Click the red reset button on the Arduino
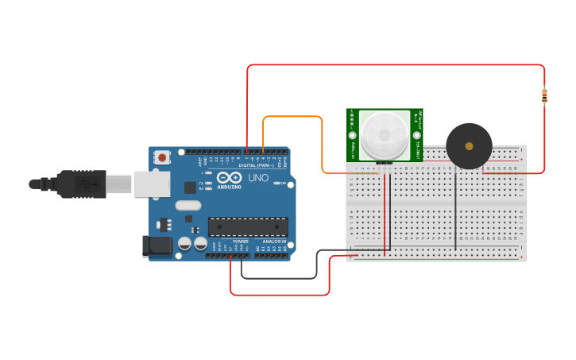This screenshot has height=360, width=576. [163, 157]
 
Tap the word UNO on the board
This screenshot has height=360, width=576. [258, 178]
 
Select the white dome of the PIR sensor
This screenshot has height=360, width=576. [384, 135]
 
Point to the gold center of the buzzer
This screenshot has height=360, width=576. [469, 146]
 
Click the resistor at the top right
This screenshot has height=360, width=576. [544, 96]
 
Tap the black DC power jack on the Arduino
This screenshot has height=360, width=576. [157, 246]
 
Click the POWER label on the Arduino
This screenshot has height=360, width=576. [240, 241]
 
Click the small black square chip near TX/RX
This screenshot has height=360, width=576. [190, 188]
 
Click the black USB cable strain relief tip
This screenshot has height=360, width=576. [34, 184]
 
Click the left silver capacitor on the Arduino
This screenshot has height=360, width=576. [184, 244]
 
